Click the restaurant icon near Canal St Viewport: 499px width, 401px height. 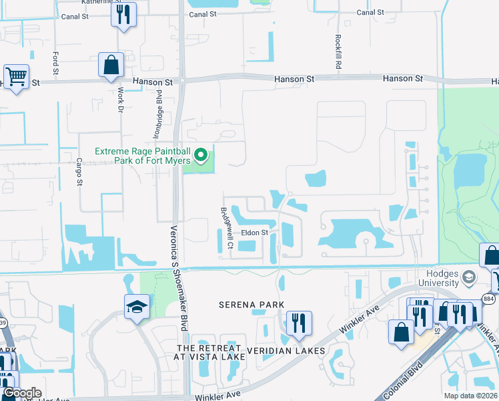tap(123, 15)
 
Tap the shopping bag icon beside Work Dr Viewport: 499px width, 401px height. tap(111, 65)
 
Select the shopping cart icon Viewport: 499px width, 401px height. tap(16, 76)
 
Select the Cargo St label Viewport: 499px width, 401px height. tap(79, 170)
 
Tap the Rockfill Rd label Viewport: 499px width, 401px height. tap(339, 53)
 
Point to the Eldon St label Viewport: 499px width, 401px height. tap(254, 233)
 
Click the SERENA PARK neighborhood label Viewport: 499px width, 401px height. tap(252, 305)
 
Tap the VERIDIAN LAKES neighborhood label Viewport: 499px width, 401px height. tap(286, 351)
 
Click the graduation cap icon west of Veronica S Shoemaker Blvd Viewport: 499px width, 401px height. tap(136, 307)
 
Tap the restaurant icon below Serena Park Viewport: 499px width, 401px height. tap(297, 324)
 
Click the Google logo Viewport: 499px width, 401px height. tap(21, 393)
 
